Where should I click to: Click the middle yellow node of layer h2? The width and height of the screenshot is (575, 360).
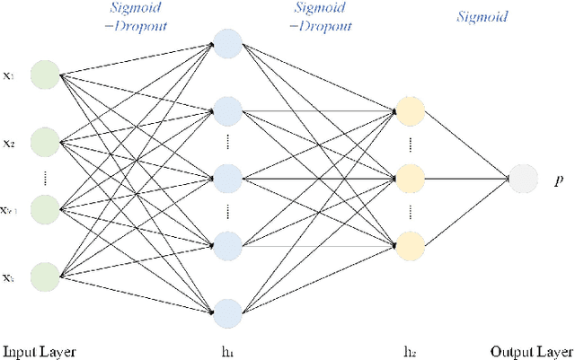[410, 178]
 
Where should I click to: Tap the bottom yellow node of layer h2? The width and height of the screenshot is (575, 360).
[410, 244]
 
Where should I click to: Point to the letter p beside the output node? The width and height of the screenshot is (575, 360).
[558, 180]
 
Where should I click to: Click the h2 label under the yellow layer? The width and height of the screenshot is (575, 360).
[410, 350]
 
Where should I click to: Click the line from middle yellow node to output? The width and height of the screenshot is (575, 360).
[467, 178]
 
